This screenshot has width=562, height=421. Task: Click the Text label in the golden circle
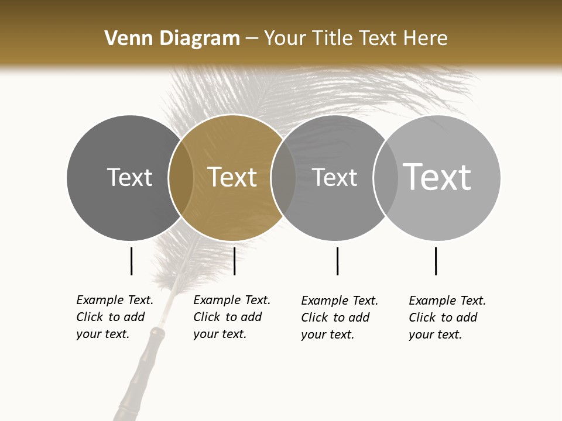pos(232,177)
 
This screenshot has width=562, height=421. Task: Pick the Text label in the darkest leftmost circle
pos(129,177)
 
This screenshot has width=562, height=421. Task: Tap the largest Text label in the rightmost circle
pos(437,177)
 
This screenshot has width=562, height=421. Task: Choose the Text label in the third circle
pos(334,177)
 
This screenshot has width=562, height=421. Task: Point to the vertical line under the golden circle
pos(234,261)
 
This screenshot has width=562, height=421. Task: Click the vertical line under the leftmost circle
pos(131,261)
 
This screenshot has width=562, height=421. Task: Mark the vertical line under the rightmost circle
pos(436,261)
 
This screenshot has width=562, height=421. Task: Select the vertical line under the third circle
pos(337,261)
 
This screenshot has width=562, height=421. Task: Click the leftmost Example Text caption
pos(115,317)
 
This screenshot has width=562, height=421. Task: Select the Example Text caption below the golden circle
pos(232,317)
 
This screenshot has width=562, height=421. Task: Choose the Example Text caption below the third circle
pos(340,318)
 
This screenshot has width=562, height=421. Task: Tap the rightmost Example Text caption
pos(447,318)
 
